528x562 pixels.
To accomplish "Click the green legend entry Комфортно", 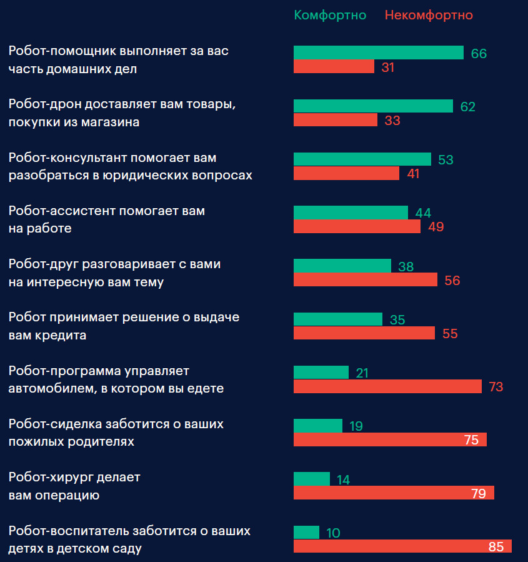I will [330, 15].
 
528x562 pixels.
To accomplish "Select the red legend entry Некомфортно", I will [429, 15].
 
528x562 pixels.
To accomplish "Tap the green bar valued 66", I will [378, 53].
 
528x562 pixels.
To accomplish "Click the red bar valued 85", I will [402, 546].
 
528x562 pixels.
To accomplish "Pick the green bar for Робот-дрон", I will [373, 106].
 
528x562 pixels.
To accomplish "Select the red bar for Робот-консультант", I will [346, 173].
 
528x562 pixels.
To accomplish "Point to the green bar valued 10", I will [306, 532].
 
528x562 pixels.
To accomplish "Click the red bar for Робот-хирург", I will [394, 493].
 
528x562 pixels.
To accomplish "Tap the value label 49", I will [436, 227].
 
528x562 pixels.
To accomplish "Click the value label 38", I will [406, 267].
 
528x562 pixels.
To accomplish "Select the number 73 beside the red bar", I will [496, 387].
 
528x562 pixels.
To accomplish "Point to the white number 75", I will [471, 440].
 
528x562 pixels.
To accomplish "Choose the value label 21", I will [362, 373].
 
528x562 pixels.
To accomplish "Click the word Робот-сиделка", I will [54, 424].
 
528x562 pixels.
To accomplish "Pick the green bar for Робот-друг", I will [342, 266].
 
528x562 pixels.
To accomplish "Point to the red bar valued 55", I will [364, 333].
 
